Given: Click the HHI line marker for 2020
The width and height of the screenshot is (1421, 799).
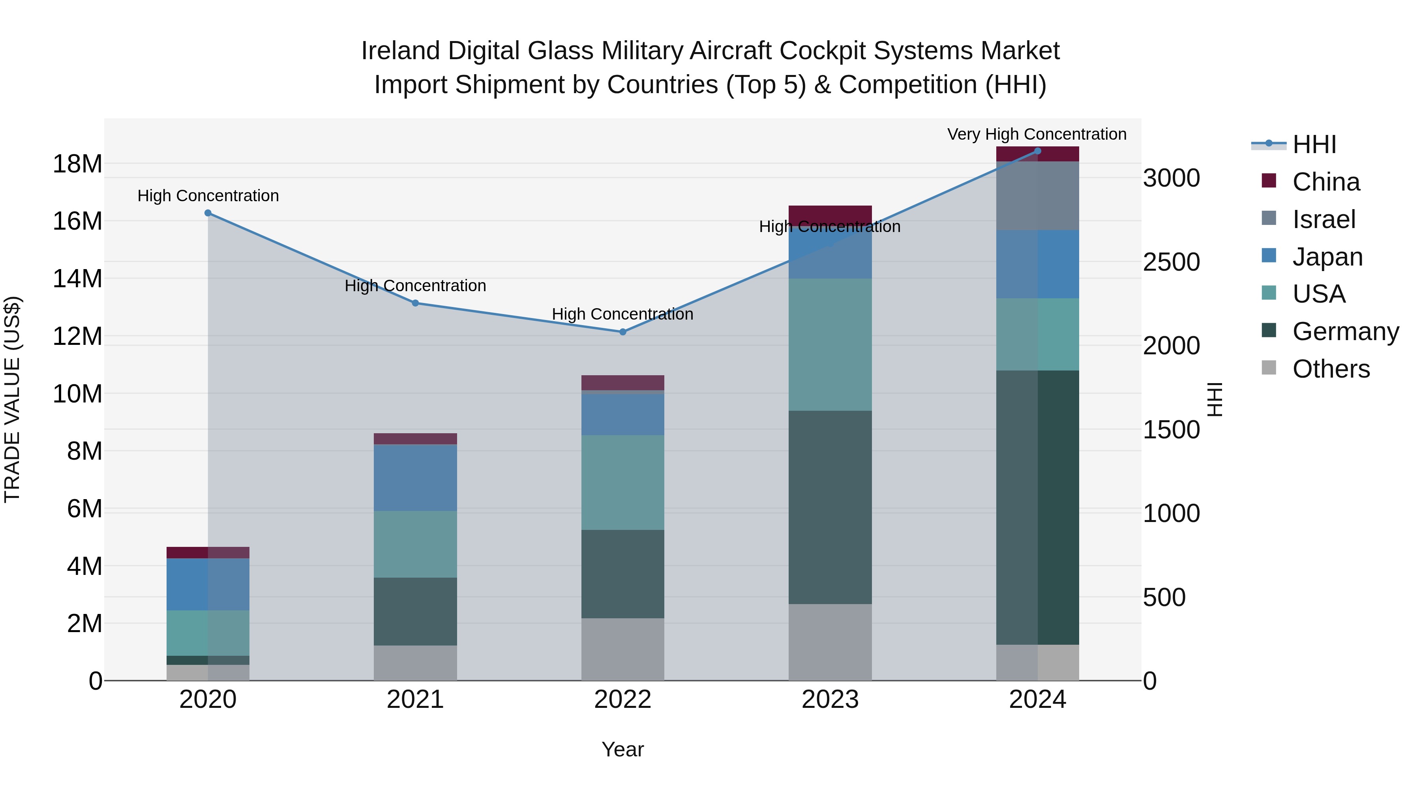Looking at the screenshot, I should click(208, 213).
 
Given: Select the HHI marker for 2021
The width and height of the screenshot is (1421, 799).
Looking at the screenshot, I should click(415, 303).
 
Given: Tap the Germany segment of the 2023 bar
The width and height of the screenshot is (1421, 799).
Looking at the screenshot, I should click(830, 507).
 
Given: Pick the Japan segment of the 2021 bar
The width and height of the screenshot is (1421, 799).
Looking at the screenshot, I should click(415, 477).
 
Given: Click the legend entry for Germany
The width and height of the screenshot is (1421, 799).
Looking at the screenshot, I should click(1345, 331).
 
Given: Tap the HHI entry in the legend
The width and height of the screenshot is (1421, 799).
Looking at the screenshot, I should click(1313, 144).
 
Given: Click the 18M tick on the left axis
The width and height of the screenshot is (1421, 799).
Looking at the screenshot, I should click(77, 164).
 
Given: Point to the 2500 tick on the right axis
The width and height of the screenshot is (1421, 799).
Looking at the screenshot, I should click(1171, 262).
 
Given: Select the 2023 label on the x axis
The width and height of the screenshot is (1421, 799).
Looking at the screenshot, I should click(830, 700).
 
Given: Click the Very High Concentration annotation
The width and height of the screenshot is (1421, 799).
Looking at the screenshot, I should click(1037, 134).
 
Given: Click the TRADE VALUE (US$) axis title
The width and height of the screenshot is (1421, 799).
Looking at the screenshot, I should click(12, 399).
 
